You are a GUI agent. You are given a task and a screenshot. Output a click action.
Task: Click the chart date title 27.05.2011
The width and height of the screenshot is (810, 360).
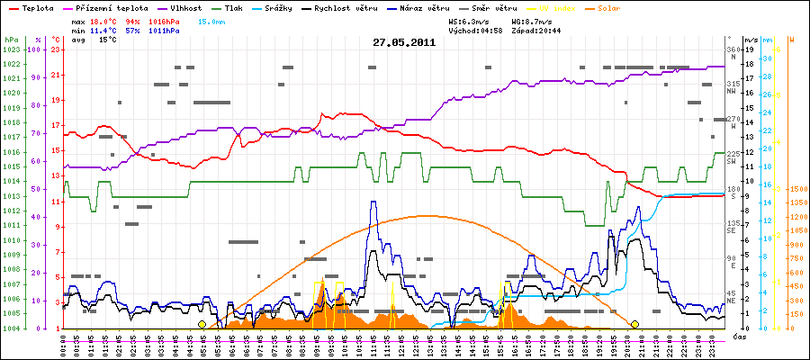click(x=405, y=41)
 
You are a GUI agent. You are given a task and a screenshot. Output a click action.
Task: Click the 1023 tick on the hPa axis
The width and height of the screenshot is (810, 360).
click(x=11, y=49)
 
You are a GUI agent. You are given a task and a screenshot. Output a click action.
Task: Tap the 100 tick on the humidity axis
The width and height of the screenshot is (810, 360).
click(x=37, y=49)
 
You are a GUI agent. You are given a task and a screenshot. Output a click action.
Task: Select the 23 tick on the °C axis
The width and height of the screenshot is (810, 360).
click(x=55, y=49)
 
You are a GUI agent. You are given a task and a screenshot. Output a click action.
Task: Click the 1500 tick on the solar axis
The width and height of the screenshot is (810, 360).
click(x=796, y=189)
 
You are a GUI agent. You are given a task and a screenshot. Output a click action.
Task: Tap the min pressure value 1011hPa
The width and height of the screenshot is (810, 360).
click(x=162, y=31)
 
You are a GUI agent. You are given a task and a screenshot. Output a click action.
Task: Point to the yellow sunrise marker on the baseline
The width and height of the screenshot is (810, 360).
click(x=202, y=324)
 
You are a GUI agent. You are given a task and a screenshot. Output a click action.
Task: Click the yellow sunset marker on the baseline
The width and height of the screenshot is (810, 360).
click(x=634, y=324)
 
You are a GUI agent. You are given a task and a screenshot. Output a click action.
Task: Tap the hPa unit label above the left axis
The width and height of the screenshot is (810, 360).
click(x=10, y=40)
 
